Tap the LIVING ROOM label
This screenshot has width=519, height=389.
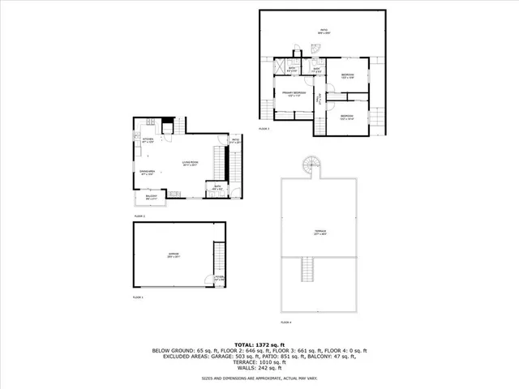(190, 164)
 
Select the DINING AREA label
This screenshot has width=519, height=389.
(147, 172)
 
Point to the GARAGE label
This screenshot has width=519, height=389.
(174, 254)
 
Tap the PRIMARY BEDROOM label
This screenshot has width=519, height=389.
(294, 93)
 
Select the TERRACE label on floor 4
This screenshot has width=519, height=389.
(320, 232)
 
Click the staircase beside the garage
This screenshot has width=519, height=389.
(218, 258)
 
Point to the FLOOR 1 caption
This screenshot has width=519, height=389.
(138, 297)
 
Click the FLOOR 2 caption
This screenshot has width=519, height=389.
(139, 216)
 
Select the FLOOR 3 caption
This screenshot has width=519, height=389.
(264, 129)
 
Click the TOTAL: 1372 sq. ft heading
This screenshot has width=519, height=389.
(259, 344)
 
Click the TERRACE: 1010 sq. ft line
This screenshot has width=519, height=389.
(259, 361)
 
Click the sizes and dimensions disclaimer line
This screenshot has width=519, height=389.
(259, 378)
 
